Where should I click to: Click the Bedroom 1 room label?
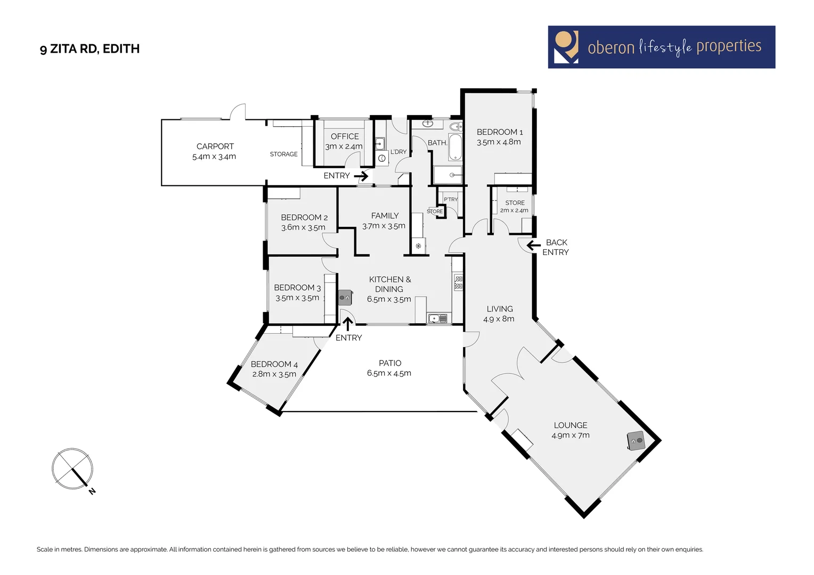pyautogui.click(x=499, y=132)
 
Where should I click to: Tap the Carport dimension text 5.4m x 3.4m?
pyautogui.click(x=214, y=157)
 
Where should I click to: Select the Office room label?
pyautogui.click(x=344, y=136)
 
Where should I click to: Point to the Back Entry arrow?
pyautogui.click(x=533, y=245)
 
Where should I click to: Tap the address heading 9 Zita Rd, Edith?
pyautogui.click(x=89, y=49)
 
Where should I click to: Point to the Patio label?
pyautogui.click(x=390, y=363)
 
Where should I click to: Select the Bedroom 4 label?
pyautogui.click(x=274, y=364)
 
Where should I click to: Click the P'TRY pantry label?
pyautogui.click(x=451, y=200)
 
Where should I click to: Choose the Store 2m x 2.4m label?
pyautogui.click(x=515, y=206)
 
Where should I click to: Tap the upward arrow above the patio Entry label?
pyautogui.click(x=348, y=323)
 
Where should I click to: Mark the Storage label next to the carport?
pyautogui.click(x=283, y=154)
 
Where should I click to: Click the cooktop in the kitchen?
pyautogui.click(x=458, y=282)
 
